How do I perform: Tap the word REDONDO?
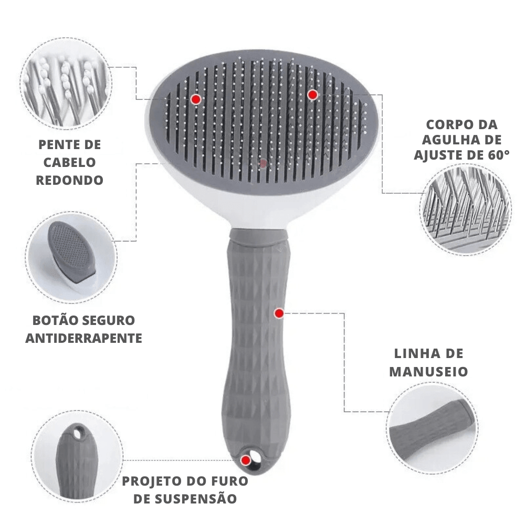(70, 181)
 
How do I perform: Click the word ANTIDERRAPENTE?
(83, 338)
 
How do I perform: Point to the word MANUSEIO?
(428, 372)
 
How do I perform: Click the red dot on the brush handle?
(279, 313)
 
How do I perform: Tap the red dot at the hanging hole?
(246, 461)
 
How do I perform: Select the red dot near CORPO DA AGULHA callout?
(312, 94)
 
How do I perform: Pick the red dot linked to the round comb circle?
(196, 99)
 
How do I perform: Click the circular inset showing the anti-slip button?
(71, 257)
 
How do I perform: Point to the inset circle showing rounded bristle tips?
(66, 83)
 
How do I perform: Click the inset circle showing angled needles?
(465, 210)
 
